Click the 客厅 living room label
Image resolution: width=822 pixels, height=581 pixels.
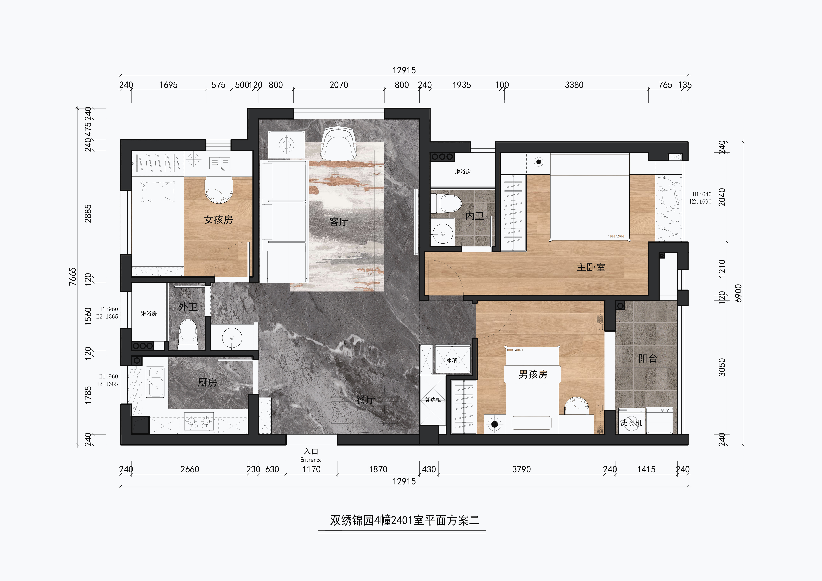point(338,222)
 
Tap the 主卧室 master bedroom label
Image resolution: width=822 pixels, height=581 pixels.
point(591,267)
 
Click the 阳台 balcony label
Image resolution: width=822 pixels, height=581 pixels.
point(648,358)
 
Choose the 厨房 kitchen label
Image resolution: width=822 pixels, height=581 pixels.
point(207,382)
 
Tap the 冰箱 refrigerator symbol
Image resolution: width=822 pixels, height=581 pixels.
point(452,360)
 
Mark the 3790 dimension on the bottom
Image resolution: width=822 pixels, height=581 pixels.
point(521,469)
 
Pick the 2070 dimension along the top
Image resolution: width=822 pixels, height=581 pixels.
point(338,85)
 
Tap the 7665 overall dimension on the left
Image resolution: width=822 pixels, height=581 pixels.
point(73,276)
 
